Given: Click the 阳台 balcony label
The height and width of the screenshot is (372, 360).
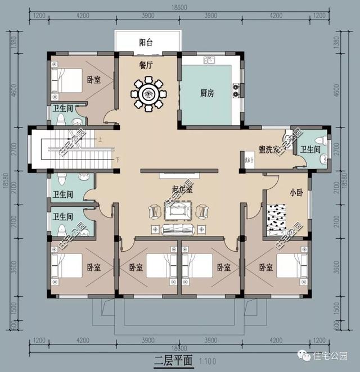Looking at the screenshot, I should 147,42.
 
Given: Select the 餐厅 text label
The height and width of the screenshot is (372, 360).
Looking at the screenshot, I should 147,65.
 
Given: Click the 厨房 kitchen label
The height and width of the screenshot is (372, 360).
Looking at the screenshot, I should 207,93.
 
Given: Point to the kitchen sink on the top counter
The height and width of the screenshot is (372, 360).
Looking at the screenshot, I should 207,58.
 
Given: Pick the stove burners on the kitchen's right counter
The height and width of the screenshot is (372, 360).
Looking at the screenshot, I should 237,88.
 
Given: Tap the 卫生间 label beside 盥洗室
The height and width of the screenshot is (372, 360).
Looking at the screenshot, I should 310,149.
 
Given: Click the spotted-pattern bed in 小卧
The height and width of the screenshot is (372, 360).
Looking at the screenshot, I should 283,220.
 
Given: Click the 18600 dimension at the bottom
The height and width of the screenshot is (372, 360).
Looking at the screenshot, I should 179,349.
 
